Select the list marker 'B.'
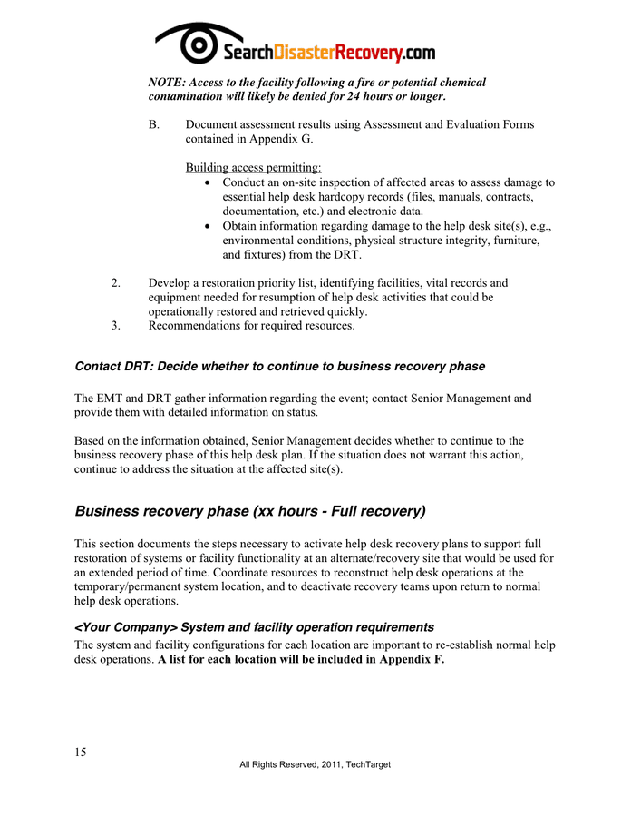(154, 124)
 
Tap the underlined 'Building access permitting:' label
(253, 167)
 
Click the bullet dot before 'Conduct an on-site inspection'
(209, 182)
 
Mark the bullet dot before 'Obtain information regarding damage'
(209, 226)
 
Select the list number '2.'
(115, 283)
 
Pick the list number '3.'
(115, 326)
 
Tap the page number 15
(81, 752)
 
